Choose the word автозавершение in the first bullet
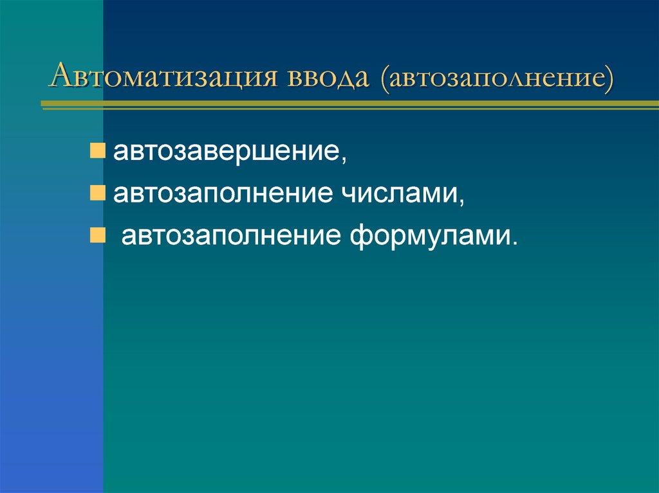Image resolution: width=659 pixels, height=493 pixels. click(227, 153)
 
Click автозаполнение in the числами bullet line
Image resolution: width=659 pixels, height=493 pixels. click(220, 194)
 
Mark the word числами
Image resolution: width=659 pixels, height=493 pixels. click(396, 194)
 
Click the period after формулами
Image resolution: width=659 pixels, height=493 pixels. click(514, 242)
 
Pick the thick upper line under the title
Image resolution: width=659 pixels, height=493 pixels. click(348, 102)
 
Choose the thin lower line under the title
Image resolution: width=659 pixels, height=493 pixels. click(348, 109)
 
